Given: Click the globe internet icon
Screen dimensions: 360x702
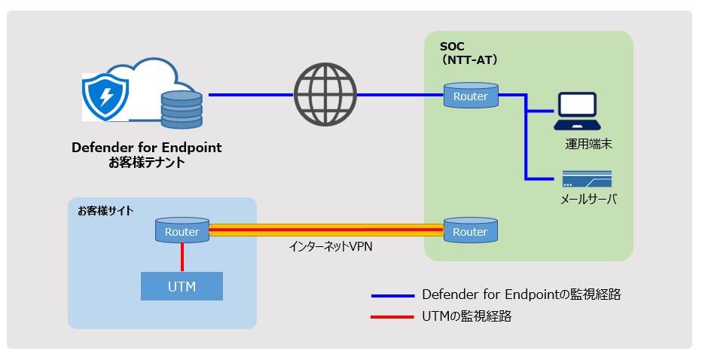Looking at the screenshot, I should [325, 95].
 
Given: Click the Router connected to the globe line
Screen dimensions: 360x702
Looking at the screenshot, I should [470, 96].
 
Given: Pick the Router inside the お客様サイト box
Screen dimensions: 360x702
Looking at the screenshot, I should [182, 231].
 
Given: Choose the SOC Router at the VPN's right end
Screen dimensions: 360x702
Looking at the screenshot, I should [470, 231].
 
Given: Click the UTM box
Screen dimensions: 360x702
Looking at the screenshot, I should [182, 286].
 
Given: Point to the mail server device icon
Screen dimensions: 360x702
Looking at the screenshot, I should [586, 179].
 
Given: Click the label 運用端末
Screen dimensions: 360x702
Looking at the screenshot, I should [588, 144].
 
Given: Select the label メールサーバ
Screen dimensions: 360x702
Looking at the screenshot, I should [588, 200].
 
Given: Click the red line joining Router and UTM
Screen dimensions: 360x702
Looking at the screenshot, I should [182, 257].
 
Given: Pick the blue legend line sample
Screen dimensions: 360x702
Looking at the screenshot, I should [392, 295].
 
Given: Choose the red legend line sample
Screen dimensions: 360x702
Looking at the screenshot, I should [392, 317].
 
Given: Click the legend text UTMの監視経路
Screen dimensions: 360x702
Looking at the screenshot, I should [467, 317].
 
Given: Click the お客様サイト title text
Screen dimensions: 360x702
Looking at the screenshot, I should [105, 211].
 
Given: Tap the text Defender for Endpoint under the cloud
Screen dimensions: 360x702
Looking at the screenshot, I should [147, 148].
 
